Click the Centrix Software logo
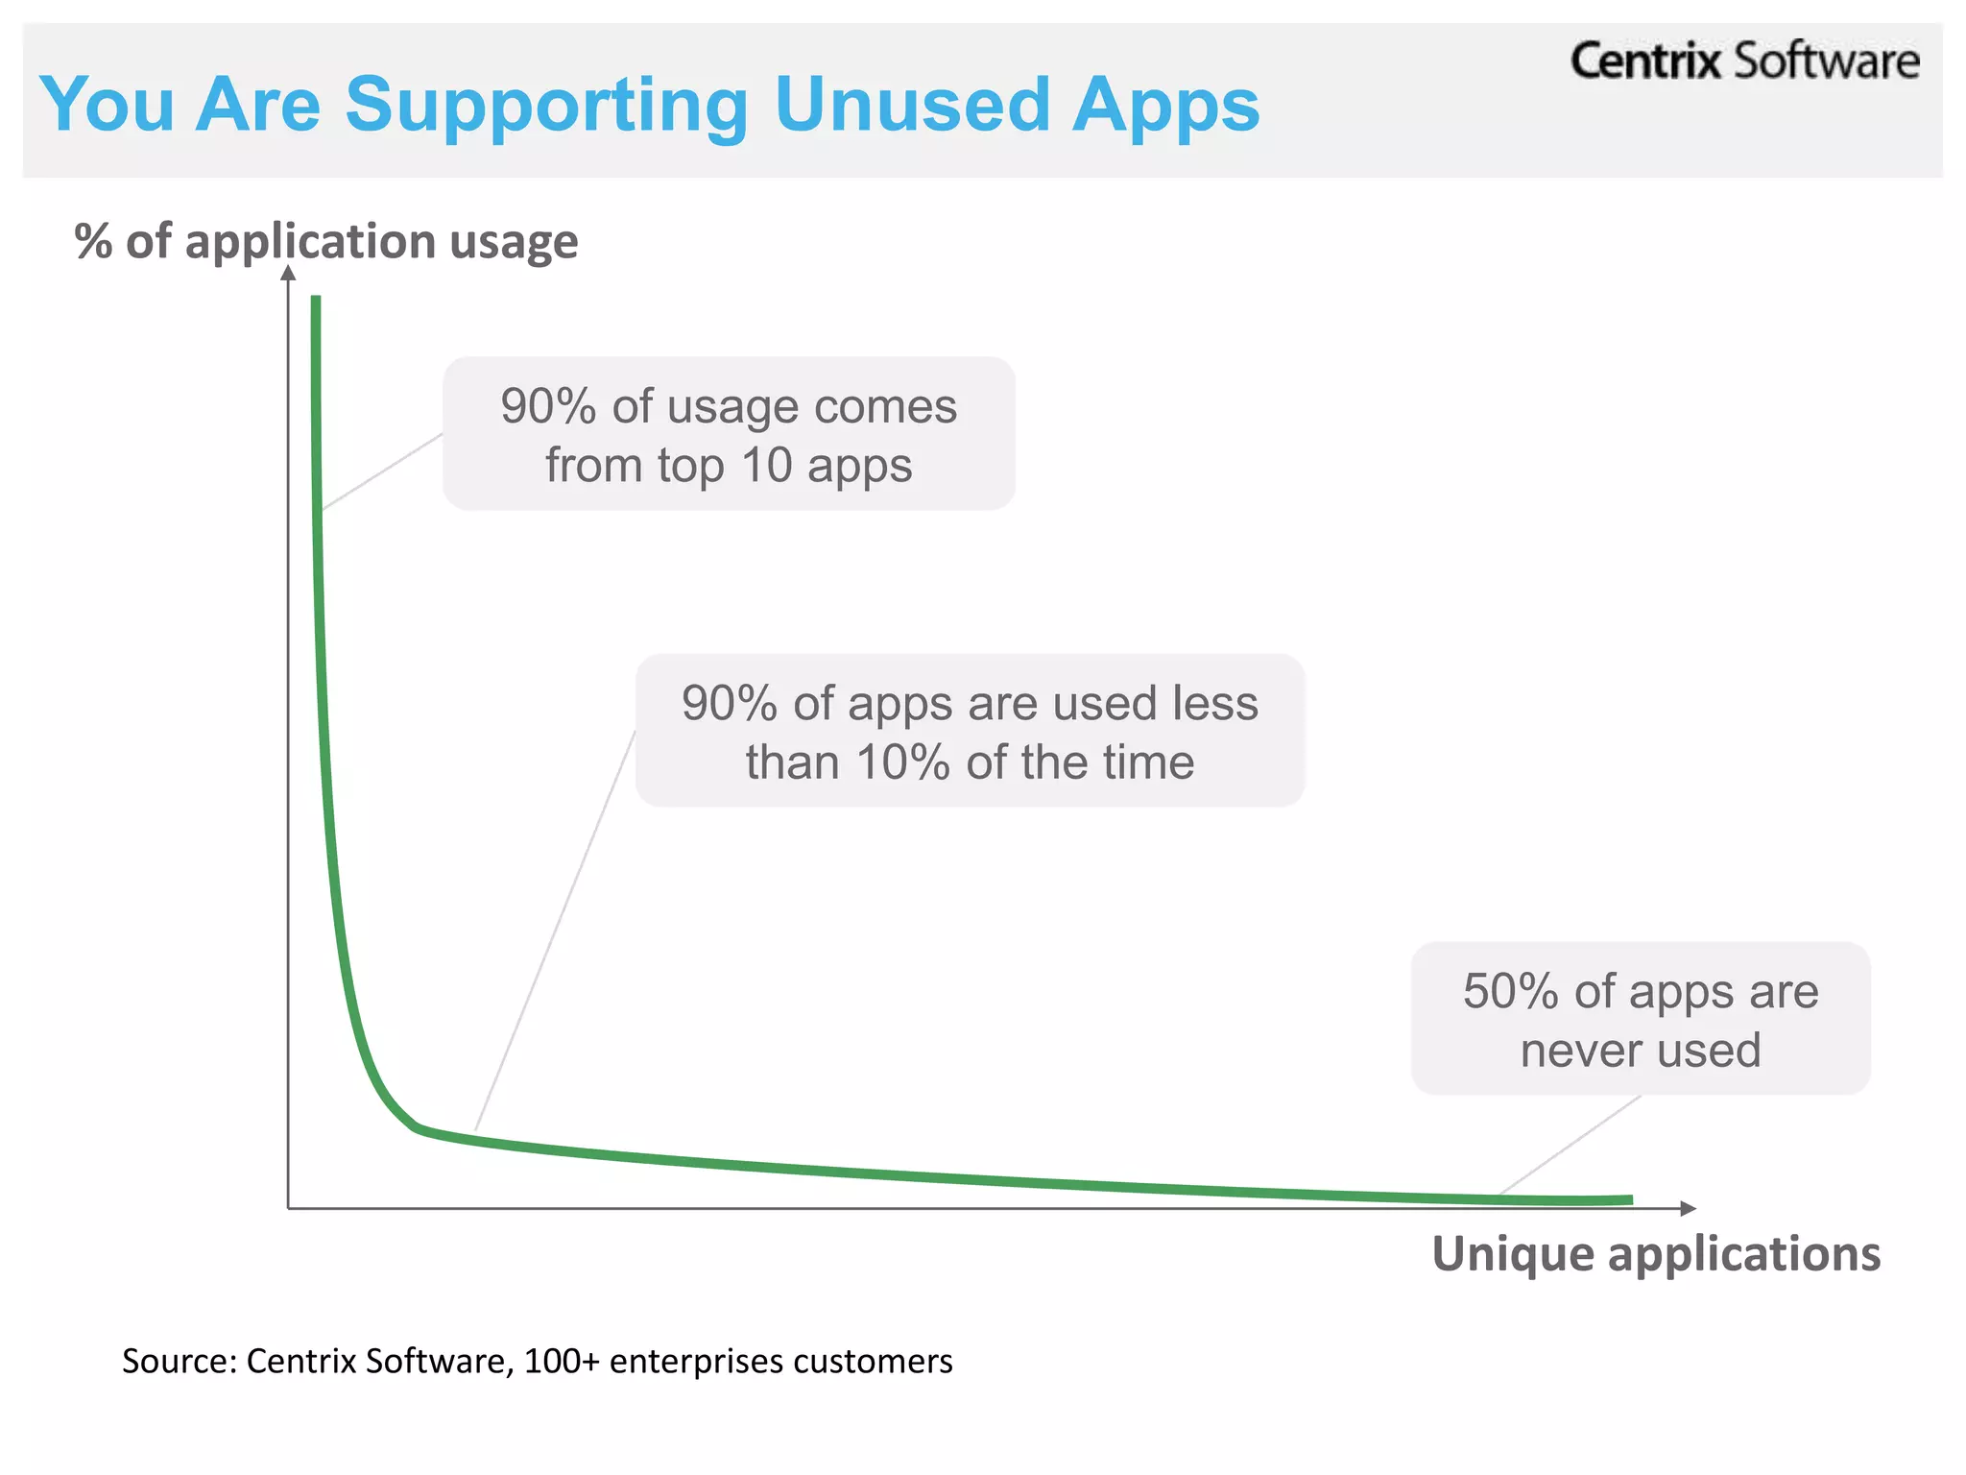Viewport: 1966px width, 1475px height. coord(1743,61)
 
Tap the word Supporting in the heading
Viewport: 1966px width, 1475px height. coord(546,106)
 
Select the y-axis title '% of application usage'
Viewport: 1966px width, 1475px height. coord(326,241)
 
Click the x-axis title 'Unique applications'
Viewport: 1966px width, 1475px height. coord(1655,1254)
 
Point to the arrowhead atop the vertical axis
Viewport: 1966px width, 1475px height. coord(288,274)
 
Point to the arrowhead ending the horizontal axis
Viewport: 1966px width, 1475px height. coord(1689,1208)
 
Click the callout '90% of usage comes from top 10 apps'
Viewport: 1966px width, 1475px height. coord(729,434)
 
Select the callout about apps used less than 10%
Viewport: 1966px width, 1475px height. coord(970,732)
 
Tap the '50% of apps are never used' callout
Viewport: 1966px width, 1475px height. coord(1640,1019)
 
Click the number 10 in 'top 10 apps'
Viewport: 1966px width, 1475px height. coord(766,466)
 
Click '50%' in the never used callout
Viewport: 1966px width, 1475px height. coord(1509,991)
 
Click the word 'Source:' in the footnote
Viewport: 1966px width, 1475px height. coord(179,1362)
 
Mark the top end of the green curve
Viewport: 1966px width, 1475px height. coord(315,300)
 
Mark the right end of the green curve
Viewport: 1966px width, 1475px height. coord(1629,1199)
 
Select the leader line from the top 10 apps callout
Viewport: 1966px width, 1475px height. coord(382,472)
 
